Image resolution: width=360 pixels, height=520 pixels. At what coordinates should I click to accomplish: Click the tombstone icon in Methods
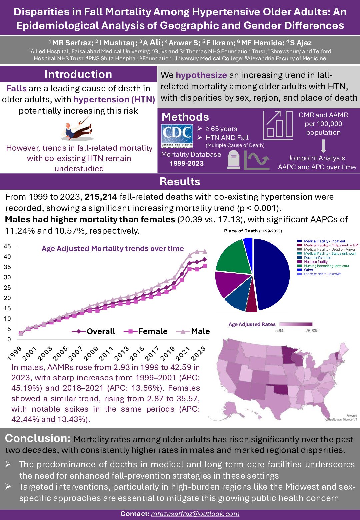click(233, 160)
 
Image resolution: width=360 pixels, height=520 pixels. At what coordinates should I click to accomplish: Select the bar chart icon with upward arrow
click(278, 125)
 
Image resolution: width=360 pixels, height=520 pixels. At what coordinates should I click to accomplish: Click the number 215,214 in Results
click(101, 197)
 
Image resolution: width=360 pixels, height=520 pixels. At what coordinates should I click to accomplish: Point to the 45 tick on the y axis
click(7, 246)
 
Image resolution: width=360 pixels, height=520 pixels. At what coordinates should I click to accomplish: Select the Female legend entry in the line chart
click(146, 331)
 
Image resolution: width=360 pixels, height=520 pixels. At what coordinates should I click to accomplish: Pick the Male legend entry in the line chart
click(193, 331)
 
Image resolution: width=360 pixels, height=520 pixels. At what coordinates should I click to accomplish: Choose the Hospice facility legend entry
click(315, 262)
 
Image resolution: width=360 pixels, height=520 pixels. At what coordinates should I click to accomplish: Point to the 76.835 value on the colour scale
click(312, 331)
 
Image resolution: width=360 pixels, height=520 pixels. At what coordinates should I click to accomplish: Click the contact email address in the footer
click(195, 514)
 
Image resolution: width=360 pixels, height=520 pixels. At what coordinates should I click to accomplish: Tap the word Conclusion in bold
click(38, 438)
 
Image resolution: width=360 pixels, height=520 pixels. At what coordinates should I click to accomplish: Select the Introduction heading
click(78, 74)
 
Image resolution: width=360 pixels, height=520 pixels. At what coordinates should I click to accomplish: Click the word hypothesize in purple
click(201, 75)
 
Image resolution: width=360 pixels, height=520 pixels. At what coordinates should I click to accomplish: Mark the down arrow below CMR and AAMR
click(323, 146)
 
